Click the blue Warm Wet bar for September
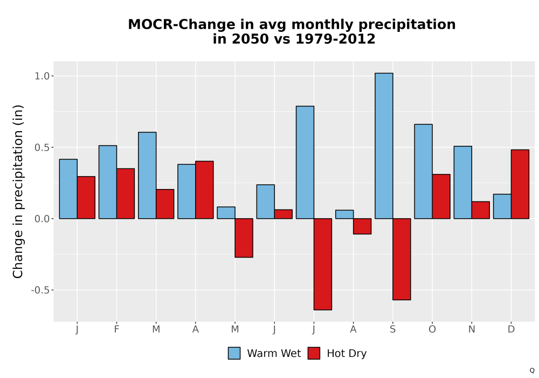[384, 146]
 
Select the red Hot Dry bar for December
[520, 184]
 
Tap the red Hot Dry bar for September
[402, 259]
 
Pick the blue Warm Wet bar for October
[423, 171]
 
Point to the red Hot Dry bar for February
[126, 193]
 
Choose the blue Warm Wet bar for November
[462, 183]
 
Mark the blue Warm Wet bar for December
[502, 207]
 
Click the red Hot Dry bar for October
[441, 197]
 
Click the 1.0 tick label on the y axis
[42, 76]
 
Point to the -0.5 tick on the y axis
[40, 290]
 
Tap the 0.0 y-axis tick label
[42, 219]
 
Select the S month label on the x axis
[392, 329]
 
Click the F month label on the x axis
[116, 329]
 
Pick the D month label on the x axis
[511, 329]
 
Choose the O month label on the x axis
[432, 329]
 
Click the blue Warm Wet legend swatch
[234, 353]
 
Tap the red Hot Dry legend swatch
[314, 353]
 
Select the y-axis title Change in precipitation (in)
[18, 191]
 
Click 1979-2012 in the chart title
[335, 38]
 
